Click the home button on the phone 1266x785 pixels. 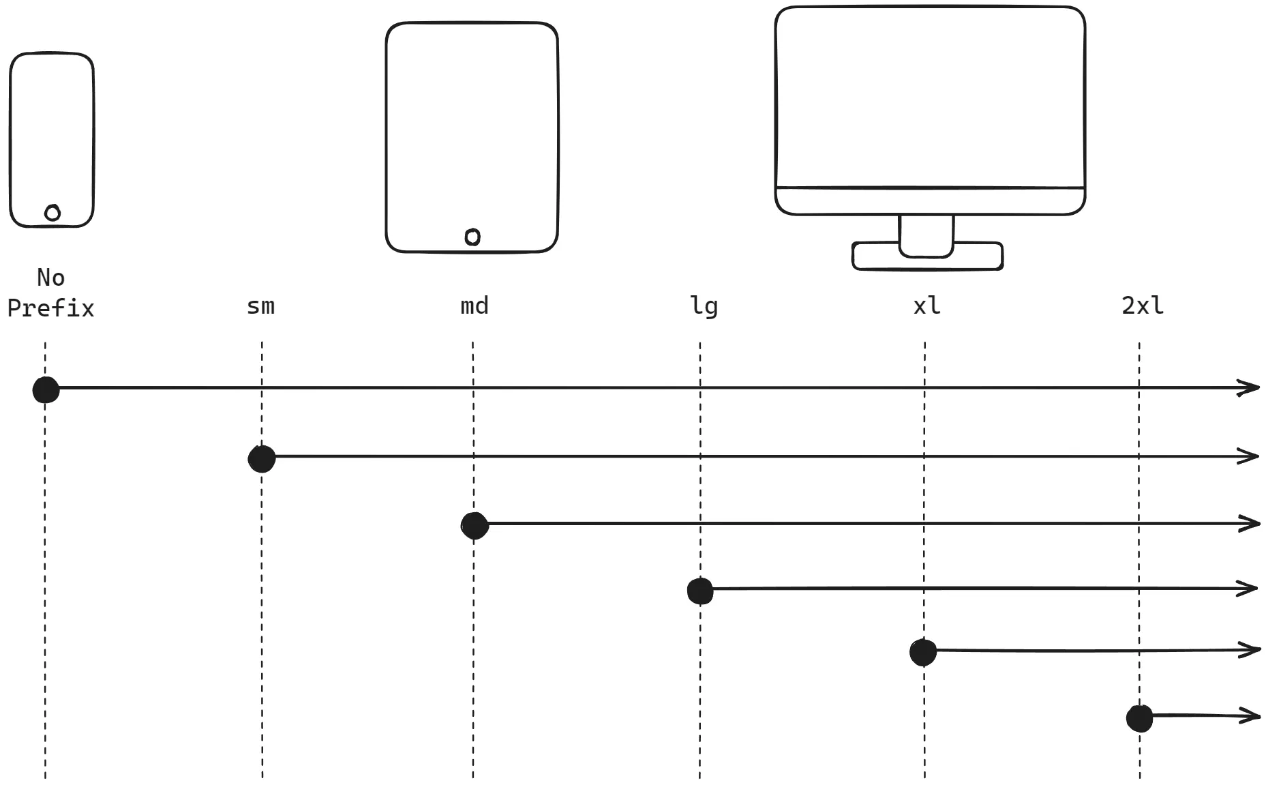point(52,213)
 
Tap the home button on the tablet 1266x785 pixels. point(472,237)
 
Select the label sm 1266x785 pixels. point(260,306)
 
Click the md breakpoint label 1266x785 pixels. point(474,306)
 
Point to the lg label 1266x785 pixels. point(704,306)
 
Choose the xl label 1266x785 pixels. point(926,306)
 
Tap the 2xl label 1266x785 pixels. point(1143,306)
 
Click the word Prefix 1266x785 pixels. point(50,308)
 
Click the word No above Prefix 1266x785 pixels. point(51,278)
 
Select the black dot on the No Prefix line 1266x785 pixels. point(46,389)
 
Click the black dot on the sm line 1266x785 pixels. point(262,459)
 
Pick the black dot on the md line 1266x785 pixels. point(474,526)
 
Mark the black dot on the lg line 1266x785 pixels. point(700,591)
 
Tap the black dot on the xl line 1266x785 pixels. point(923,652)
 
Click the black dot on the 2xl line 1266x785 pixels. point(1139,718)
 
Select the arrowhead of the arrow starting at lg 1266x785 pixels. point(1250,588)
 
